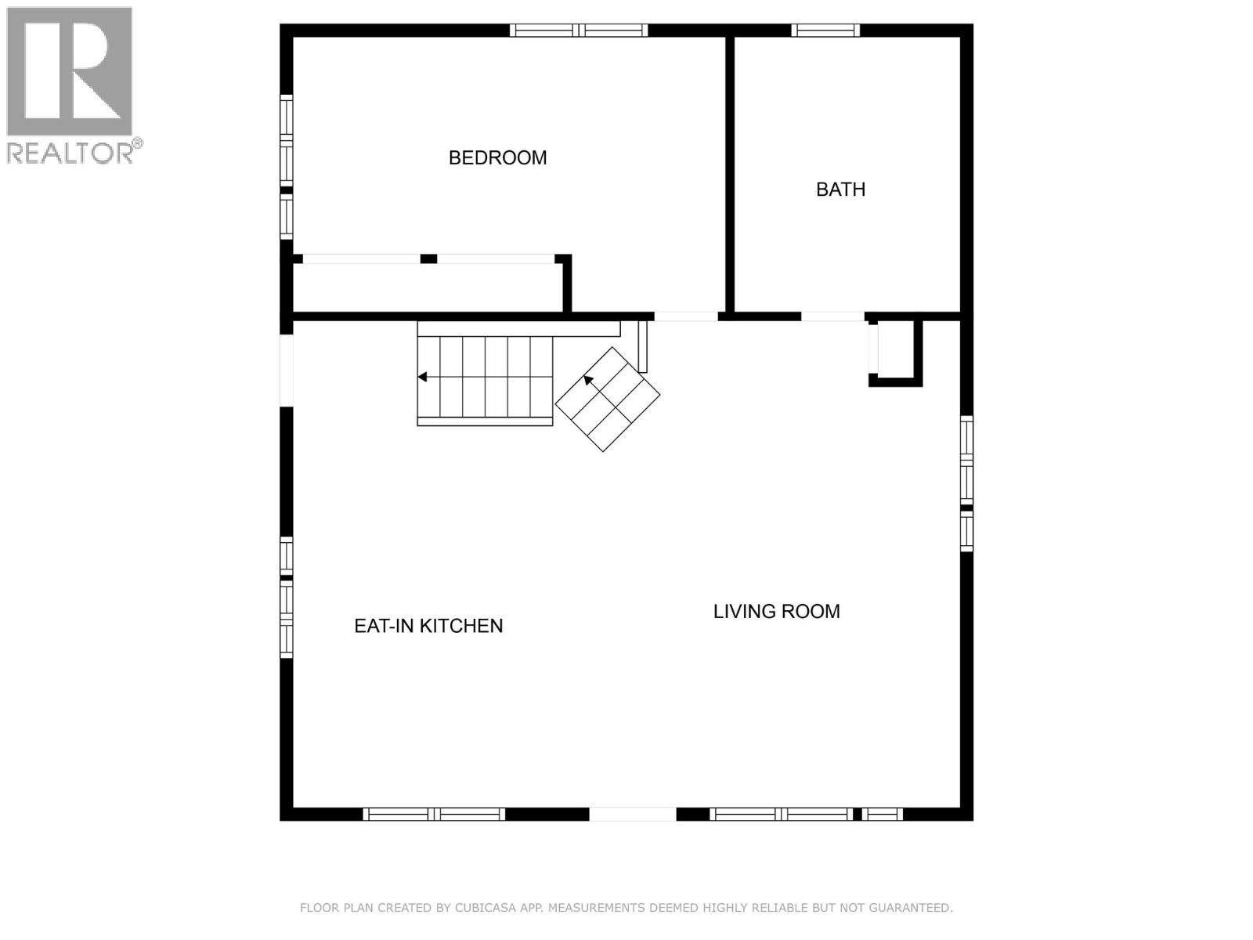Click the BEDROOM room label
click(497, 157)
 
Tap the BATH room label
click(840, 190)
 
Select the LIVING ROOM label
click(776, 611)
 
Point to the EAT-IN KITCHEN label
click(428, 626)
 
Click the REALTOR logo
click(70, 85)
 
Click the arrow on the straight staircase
click(422, 377)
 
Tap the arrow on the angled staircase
click(587, 381)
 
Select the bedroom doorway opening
click(686, 316)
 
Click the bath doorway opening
click(832, 316)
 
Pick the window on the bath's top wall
click(825, 31)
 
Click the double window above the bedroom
click(579, 31)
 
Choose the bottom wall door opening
click(633, 815)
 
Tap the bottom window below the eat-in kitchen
click(434, 815)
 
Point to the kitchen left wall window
click(287, 597)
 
